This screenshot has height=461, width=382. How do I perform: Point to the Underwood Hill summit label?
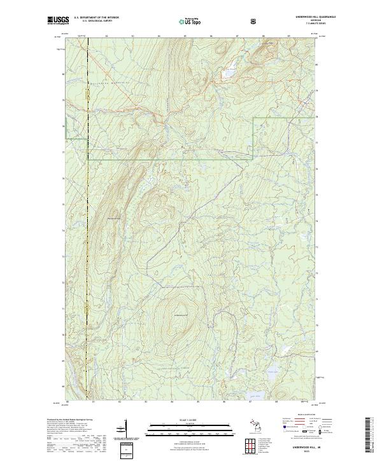tap(181, 316)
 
